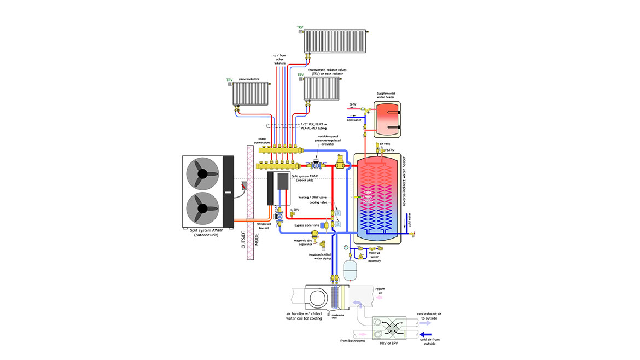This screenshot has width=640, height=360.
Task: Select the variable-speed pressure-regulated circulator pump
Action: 317,164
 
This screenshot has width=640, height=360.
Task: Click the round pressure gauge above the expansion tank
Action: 346,247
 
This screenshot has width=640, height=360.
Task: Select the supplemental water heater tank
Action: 386,118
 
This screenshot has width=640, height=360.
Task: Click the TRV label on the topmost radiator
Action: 300,27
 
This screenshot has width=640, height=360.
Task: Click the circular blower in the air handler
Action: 314,299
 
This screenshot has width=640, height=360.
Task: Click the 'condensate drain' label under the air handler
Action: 338,317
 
